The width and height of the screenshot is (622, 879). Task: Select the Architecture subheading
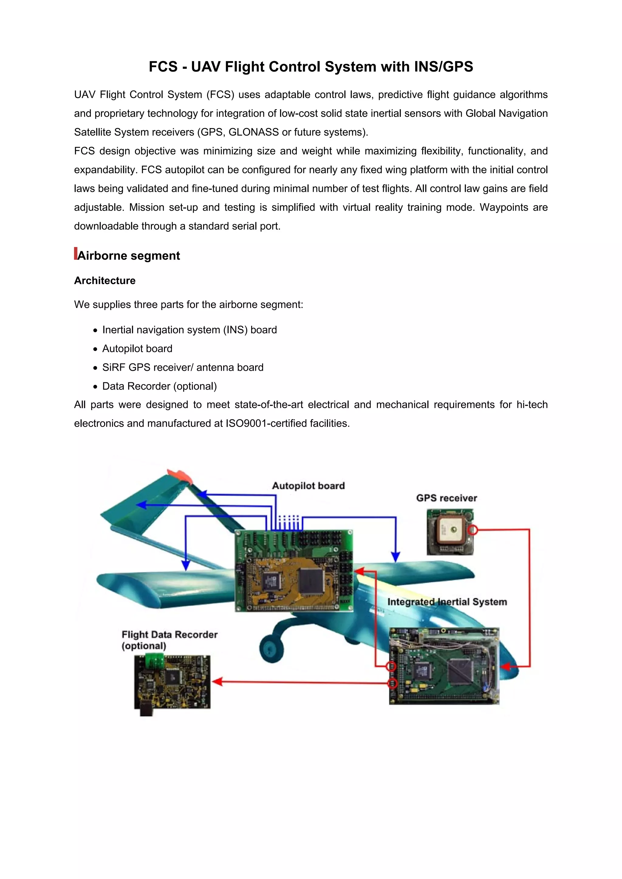[104, 281]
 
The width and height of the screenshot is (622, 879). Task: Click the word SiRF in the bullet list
[114, 367]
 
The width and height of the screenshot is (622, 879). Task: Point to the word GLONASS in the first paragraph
[253, 132]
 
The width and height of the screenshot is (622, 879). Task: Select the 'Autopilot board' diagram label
[308, 486]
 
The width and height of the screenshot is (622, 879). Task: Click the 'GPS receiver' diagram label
[446, 498]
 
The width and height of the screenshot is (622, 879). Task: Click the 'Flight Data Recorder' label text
[169, 635]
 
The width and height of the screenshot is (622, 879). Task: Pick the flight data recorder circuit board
[172, 682]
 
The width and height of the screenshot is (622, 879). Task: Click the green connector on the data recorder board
[155, 661]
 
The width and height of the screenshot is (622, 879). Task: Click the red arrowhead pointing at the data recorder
[217, 681]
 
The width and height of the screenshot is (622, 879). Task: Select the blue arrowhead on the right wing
[395, 557]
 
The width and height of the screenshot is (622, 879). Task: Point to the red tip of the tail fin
[180, 475]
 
